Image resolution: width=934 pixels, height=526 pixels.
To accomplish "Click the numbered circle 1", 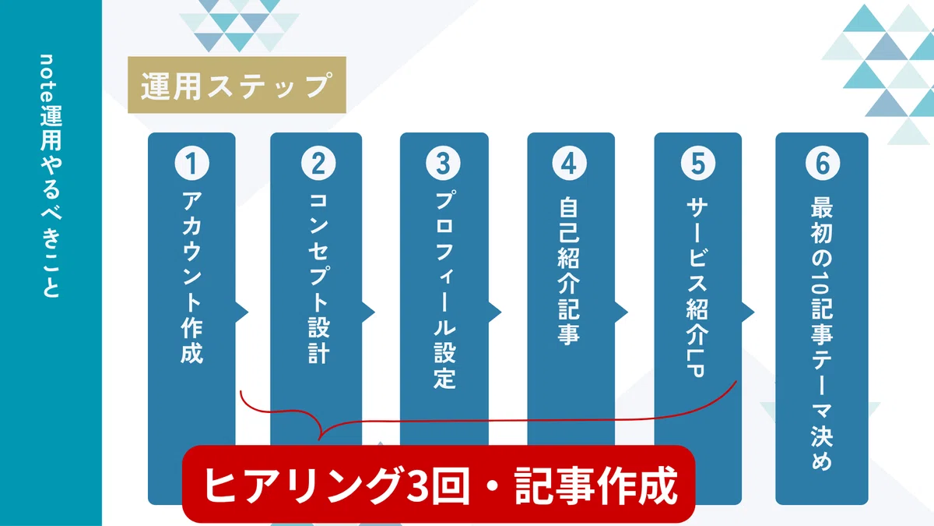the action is [x=191, y=163].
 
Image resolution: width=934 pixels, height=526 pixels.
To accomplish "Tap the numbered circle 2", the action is [x=318, y=163].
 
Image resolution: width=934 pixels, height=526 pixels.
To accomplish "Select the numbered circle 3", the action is [x=443, y=163].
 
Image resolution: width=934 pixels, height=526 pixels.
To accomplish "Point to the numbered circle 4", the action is [x=570, y=163].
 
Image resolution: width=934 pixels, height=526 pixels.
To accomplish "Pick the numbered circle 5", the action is [x=698, y=163].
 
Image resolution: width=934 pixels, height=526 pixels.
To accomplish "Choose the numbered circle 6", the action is [x=823, y=163].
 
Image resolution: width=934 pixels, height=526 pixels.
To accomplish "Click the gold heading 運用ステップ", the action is [x=237, y=85].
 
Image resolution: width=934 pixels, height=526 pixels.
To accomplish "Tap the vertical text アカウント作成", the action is [x=191, y=277].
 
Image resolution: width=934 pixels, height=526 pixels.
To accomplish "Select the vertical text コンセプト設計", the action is [x=319, y=277].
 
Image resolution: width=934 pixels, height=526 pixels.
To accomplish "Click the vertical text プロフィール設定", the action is [x=444, y=290].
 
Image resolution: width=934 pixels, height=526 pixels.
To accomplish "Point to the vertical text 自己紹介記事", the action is [x=569, y=271].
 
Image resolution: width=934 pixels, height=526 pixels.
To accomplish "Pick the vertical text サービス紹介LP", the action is [x=697, y=288].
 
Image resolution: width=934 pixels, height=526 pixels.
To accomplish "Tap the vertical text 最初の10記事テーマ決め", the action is [x=822, y=334].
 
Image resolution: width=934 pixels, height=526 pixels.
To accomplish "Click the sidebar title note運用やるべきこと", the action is [x=51, y=176].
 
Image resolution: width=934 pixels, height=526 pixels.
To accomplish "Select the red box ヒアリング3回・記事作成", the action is [x=439, y=484].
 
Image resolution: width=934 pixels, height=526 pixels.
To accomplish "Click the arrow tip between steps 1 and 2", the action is [x=248, y=312].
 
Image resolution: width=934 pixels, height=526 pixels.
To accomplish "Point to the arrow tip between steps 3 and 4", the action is [x=500, y=312].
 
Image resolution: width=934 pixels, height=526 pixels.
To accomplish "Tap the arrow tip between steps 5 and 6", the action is [x=754, y=312].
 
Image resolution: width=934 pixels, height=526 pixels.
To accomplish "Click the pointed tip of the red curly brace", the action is [x=319, y=440].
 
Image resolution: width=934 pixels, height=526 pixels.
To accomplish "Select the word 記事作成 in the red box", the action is [x=596, y=485].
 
